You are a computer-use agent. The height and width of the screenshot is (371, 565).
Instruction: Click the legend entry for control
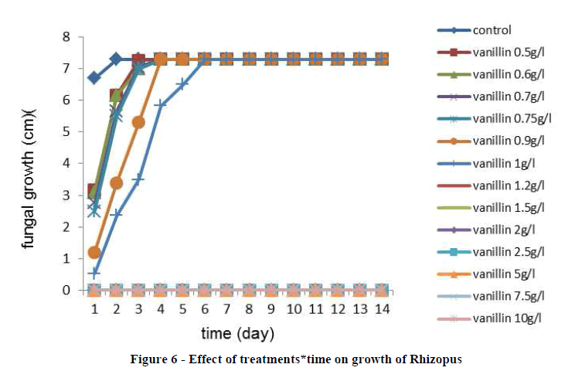click(x=492, y=30)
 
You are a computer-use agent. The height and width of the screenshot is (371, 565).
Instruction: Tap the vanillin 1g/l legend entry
click(x=503, y=163)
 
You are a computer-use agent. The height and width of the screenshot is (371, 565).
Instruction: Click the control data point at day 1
click(x=94, y=78)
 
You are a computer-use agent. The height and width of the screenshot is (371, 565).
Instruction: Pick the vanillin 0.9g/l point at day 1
click(x=94, y=253)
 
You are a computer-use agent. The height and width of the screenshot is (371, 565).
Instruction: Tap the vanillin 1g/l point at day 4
click(x=161, y=104)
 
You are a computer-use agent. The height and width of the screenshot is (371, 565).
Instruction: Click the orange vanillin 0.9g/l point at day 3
click(x=138, y=122)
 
